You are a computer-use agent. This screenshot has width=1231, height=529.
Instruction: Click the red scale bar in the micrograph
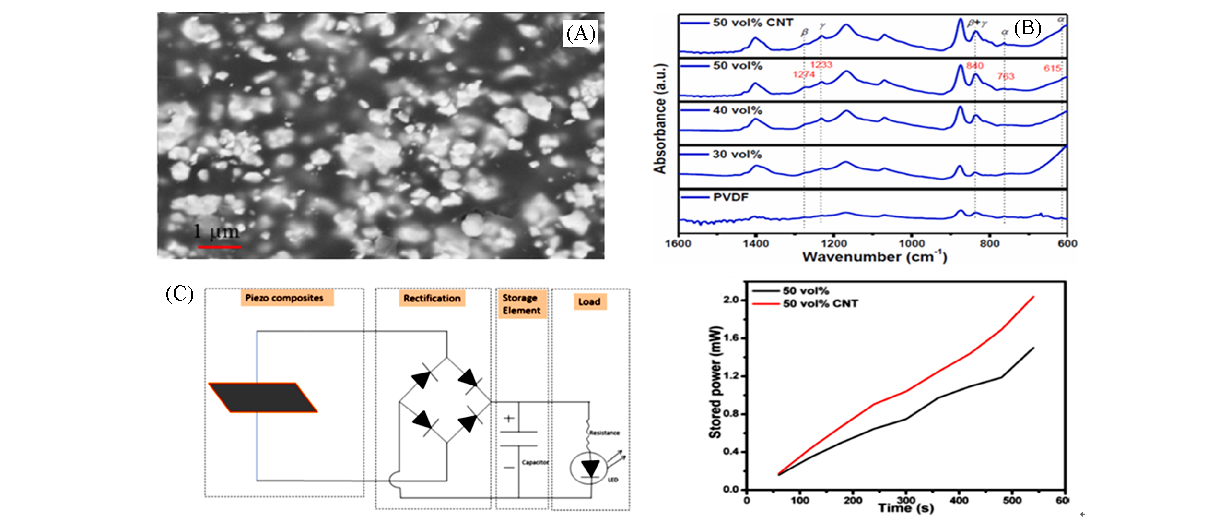point(219,247)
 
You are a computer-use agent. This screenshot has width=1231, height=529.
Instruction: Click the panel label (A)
point(580,34)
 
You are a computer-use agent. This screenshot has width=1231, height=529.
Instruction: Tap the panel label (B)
point(1027,28)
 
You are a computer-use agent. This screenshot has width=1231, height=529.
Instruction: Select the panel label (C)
point(179,293)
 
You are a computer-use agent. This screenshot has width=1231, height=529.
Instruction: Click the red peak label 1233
point(821,65)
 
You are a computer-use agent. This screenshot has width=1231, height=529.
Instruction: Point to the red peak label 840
point(974,66)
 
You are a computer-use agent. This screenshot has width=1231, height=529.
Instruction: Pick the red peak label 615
point(1052,68)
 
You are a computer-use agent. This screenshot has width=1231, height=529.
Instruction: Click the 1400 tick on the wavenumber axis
point(756,244)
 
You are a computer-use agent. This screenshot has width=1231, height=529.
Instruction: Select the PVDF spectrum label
point(730,197)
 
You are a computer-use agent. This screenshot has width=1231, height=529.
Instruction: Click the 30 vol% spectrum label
point(737,154)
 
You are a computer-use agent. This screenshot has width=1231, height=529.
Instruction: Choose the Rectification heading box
point(432,298)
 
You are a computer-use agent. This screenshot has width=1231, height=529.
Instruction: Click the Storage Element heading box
point(521,304)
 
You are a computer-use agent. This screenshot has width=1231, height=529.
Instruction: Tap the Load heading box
point(589,301)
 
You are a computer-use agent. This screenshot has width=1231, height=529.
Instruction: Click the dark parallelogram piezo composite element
point(263,397)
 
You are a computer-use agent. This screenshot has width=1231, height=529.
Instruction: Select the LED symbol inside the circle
point(590,468)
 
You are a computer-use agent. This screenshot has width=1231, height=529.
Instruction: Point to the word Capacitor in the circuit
point(535,462)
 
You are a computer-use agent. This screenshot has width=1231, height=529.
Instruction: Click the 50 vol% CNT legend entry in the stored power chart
point(820,303)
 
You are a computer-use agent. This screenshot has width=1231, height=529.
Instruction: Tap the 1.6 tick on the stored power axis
point(732,338)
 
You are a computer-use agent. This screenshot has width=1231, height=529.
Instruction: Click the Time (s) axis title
point(905,508)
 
